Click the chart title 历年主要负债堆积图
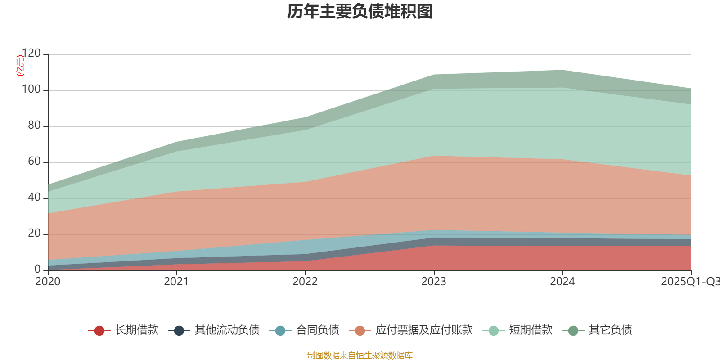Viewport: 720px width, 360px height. point(360,12)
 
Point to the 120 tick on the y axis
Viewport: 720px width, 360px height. point(31,54)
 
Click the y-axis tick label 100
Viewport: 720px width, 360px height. point(31,90)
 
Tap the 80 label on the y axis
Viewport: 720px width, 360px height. point(34,126)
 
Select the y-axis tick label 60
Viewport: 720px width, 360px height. point(34,162)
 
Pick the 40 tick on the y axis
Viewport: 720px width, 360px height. point(34,198)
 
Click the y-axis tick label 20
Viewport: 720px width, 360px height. point(34,234)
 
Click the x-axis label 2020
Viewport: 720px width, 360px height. point(48,282)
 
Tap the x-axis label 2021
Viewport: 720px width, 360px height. point(176,282)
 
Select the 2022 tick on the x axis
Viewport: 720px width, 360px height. point(305,282)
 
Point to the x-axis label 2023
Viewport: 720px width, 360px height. point(434,282)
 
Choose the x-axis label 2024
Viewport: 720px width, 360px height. point(562,282)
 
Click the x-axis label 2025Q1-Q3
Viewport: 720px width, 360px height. point(690,282)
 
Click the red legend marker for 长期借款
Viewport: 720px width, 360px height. point(99,331)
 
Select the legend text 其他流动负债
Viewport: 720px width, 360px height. point(227,330)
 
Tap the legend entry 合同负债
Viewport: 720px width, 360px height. point(317,330)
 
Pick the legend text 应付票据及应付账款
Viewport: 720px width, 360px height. point(424,330)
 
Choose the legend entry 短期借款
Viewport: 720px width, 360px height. point(531,330)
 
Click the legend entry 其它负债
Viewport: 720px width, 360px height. point(610,330)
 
